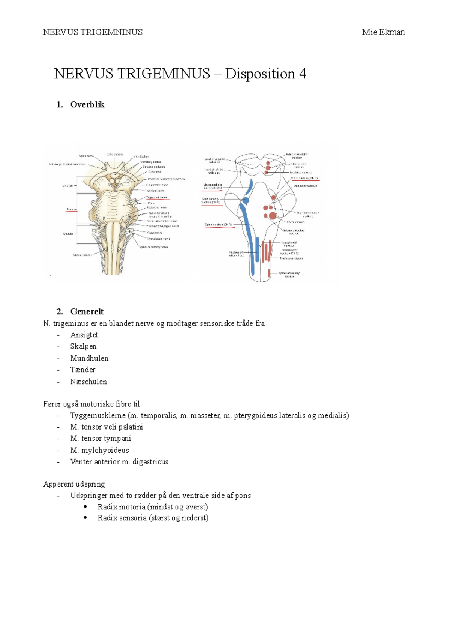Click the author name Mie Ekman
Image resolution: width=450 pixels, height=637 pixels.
(383, 32)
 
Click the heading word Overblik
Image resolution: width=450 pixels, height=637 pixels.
(87, 105)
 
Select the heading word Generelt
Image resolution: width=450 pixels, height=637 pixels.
(87, 311)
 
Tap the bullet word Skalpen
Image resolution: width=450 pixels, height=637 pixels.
(83, 346)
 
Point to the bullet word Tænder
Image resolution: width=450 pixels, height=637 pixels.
(82, 370)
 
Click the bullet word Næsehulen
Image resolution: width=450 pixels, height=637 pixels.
(88, 382)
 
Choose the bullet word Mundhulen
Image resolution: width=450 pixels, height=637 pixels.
(89, 358)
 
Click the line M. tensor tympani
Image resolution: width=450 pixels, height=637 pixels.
(100, 438)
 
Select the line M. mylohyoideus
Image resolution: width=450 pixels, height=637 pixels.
(99, 450)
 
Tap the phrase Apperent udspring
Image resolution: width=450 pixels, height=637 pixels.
(74, 484)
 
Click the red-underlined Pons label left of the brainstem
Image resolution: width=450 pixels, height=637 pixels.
(70, 209)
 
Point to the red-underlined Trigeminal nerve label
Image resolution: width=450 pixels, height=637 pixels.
(157, 197)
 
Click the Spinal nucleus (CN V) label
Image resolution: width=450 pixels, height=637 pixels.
(219, 225)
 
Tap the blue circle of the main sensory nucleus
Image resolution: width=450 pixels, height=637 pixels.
(245, 200)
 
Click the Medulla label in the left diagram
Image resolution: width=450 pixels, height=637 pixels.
(68, 234)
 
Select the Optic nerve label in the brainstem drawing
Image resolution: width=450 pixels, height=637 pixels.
(86, 156)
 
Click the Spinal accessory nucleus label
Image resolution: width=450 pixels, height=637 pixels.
(289, 275)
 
